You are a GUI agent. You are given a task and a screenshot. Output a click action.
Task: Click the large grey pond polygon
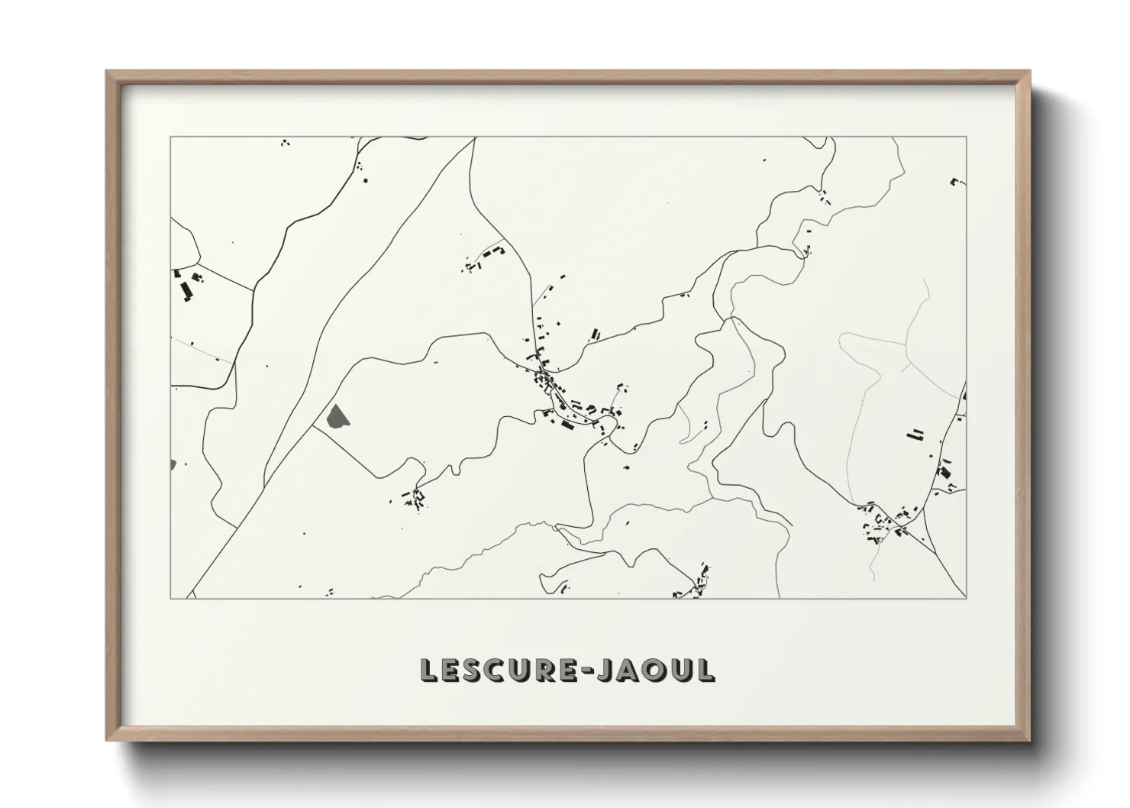pyautogui.click(x=336, y=416)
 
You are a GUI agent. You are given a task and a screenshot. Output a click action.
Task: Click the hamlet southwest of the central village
pyautogui.click(x=415, y=498)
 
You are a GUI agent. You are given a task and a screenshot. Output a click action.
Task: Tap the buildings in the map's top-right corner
pyautogui.click(x=955, y=182)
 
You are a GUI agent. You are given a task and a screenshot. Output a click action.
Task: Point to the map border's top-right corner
pyautogui.click(x=967, y=137)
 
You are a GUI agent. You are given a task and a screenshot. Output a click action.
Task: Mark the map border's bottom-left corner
pyautogui.click(x=170, y=598)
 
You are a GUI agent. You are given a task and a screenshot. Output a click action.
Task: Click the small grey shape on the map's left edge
pyautogui.click(x=173, y=464)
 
